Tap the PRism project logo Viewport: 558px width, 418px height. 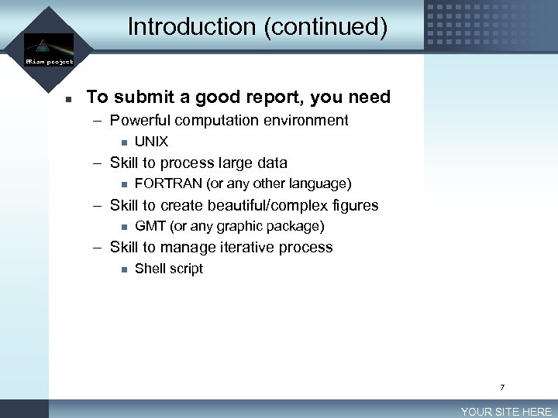[48, 50]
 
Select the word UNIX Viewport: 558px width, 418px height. [151, 142]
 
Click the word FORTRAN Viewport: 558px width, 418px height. [168, 184]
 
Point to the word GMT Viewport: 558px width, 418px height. [150, 227]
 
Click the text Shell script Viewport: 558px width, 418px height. [169, 269]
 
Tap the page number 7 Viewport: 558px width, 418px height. [502, 387]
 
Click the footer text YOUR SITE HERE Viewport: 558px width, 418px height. [506, 412]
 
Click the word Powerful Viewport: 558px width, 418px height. [142, 121]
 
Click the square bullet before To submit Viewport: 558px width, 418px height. [68, 99]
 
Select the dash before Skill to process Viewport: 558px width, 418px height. [98, 163]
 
